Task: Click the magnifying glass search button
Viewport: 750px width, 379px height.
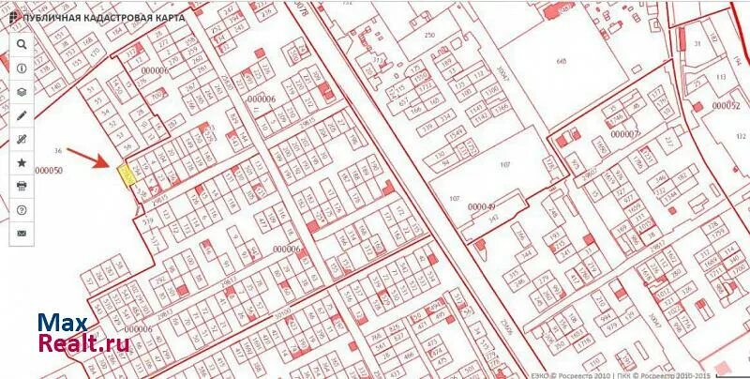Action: [22, 44]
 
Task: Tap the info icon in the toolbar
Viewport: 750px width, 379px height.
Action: [22, 68]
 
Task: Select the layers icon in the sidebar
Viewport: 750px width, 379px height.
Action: [22, 92]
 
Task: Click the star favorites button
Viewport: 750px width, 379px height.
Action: [22, 161]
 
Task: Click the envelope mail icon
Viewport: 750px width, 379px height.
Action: [22, 232]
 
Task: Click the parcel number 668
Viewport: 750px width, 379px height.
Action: [562, 62]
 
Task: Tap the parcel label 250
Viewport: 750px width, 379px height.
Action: [429, 35]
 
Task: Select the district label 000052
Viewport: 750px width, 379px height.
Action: [726, 106]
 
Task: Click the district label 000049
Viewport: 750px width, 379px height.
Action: [481, 206]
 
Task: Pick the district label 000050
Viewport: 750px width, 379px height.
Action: [48, 171]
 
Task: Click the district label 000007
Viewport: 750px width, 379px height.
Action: [624, 134]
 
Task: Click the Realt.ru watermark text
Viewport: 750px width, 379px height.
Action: [83, 344]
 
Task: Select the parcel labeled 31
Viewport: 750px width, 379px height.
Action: [697, 44]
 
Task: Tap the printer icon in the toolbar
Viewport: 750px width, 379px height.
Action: [22, 185]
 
